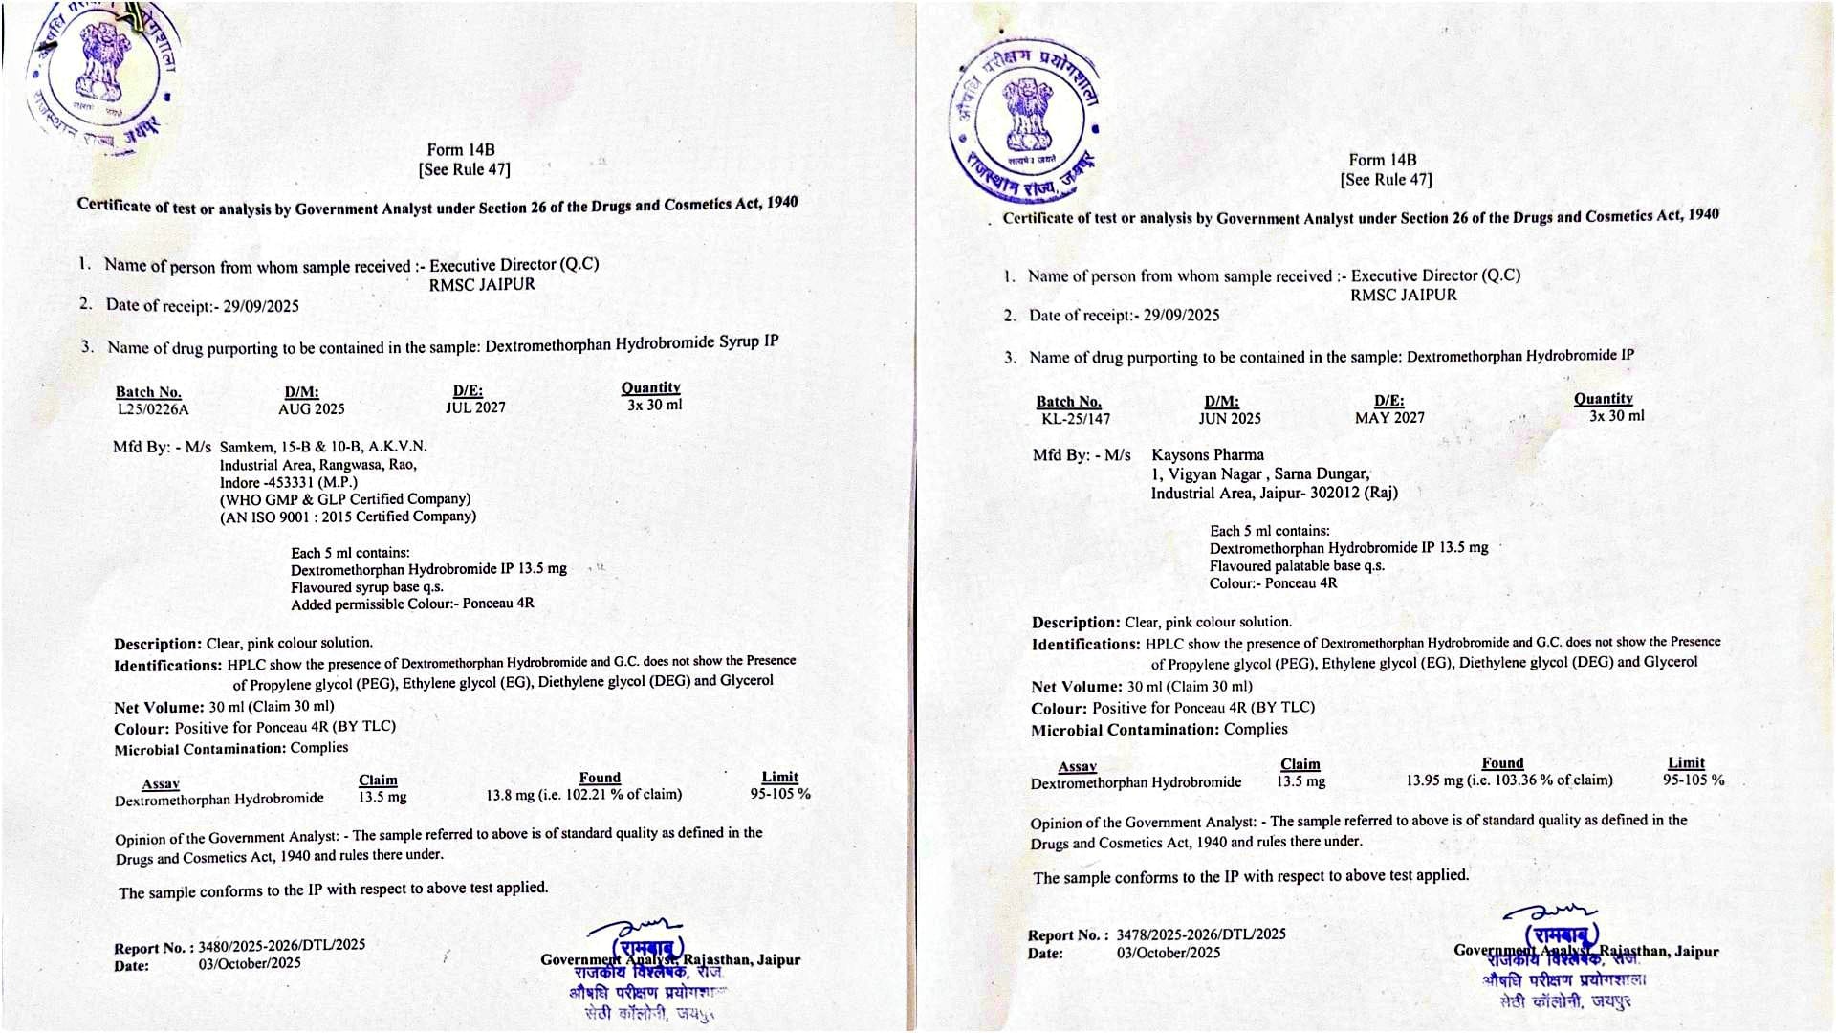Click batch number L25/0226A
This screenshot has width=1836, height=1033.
pos(152,409)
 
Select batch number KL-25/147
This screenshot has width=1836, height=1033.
pos(1076,419)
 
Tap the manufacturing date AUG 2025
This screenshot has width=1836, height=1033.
pos(312,409)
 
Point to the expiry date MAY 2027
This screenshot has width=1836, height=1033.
pos(1389,418)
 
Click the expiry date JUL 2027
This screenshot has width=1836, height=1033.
pos(475,407)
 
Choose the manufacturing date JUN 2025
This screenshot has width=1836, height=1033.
pos(1230,419)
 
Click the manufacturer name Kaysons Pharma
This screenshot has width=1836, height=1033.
pos(1208,455)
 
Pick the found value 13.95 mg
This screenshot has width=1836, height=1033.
pos(1433,780)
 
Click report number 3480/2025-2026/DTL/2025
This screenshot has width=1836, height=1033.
pos(281,946)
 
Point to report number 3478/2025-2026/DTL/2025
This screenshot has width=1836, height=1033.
pos(1201,934)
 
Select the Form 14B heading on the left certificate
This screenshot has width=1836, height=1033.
pos(461,150)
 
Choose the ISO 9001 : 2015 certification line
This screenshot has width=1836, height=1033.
pos(348,516)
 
